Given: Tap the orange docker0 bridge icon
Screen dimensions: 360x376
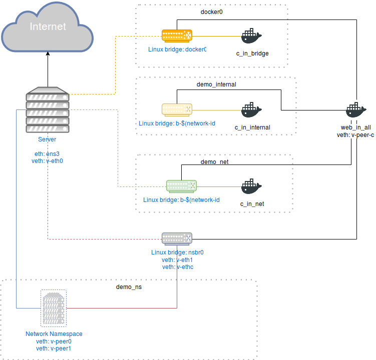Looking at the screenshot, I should [177, 35].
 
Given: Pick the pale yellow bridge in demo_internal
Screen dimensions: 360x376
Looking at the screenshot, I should [177, 109].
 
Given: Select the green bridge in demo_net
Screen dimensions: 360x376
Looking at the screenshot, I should [181, 186].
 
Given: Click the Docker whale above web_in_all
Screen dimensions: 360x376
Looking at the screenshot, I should [356, 110].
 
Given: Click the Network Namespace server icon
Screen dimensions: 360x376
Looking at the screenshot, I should [54, 308].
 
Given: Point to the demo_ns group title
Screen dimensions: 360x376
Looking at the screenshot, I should [129, 287].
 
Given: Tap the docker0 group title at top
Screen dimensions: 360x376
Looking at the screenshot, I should [211, 12].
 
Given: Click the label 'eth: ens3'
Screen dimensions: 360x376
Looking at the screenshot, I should [47, 154].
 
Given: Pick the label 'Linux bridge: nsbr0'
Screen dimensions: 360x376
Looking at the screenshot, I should [177, 252].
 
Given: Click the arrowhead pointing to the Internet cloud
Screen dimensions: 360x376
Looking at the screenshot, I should [48, 56].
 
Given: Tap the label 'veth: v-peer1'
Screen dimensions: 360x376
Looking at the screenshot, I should [54, 348].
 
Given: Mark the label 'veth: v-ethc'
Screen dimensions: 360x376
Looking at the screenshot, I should [177, 267].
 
